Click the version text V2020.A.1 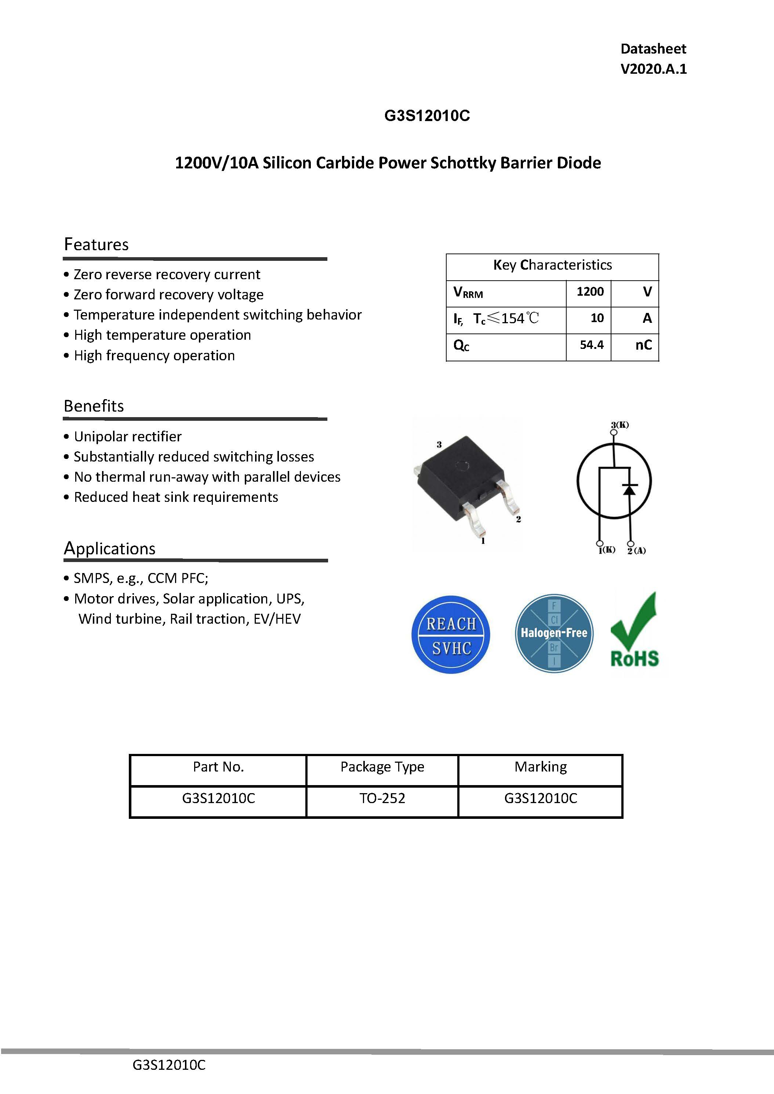[x=653, y=69]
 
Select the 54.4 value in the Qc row [x=592, y=345]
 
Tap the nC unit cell [x=643, y=345]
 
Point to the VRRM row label [x=468, y=292]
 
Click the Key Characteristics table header [x=552, y=265]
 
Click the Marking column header [x=541, y=767]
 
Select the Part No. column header [x=218, y=767]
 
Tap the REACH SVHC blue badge [x=450, y=635]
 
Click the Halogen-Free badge [x=554, y=633]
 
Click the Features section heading [x=96, y=244]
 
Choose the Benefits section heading [x=94, y=406]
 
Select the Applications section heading [x=110, y=548]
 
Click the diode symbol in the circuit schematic [x=630, y=489]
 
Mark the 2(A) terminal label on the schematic [x=636, y=551]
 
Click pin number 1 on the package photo [x=483, y=541]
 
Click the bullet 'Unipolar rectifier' [x=128, y=437]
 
